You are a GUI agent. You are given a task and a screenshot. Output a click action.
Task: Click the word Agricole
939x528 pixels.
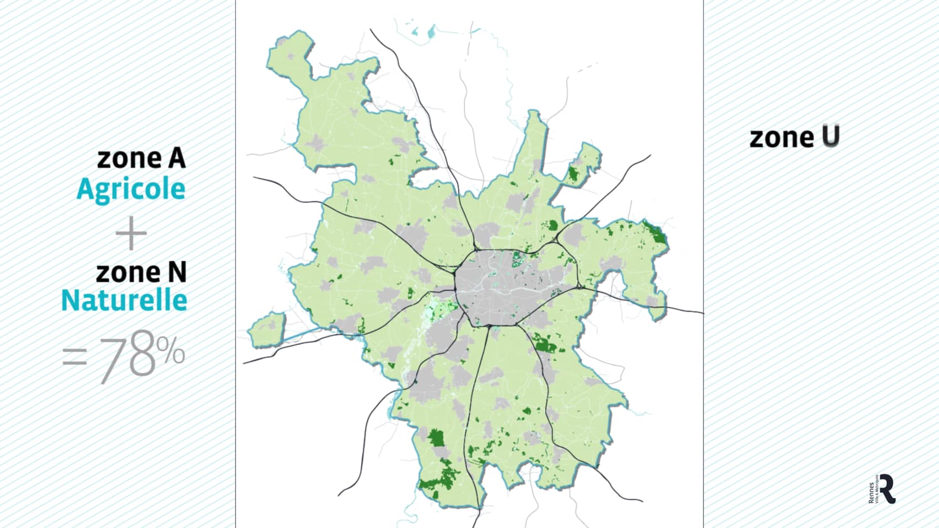(x=131, y=189)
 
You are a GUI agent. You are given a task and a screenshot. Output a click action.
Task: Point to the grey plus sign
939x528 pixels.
(x=131, y=234)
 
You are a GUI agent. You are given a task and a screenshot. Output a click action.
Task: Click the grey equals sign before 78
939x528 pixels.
(x=75, y=357)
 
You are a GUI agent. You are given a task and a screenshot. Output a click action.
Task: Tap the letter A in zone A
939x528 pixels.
(x=177, y=159)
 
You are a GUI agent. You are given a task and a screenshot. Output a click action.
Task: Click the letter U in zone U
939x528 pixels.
(x=830, y=137)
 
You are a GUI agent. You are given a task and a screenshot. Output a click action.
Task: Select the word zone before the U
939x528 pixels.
(x=781, y=138)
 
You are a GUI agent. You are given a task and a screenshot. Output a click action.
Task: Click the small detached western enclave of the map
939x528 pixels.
(x=267, y=330)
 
